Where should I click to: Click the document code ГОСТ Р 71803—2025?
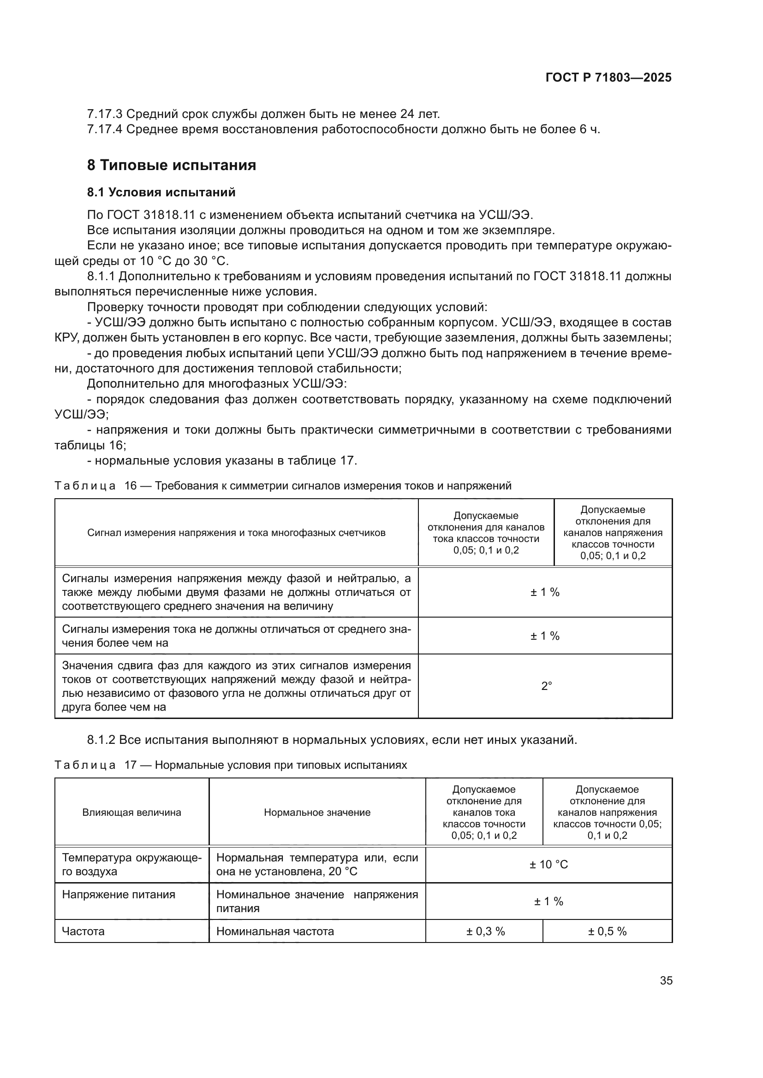(608, 78)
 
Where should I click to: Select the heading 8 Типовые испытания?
(172, 165)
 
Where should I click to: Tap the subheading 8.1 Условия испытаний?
(161, 193)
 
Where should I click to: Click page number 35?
(666, 980)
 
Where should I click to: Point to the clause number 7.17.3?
(104, 114)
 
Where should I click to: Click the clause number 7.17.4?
(104, 130)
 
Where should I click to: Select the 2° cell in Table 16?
(545, 686)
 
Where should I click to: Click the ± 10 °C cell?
(548, 864)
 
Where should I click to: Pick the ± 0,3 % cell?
(485, 931)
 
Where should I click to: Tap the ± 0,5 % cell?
(607, 931)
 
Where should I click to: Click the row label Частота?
(83, 931)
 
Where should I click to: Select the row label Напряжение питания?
(119, 895)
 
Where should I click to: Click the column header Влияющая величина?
(131, 812)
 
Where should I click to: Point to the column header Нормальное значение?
(317, 812)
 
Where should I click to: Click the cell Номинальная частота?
(275, 931)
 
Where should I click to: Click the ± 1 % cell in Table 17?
(548, 901)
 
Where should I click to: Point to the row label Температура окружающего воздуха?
(131, 864)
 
